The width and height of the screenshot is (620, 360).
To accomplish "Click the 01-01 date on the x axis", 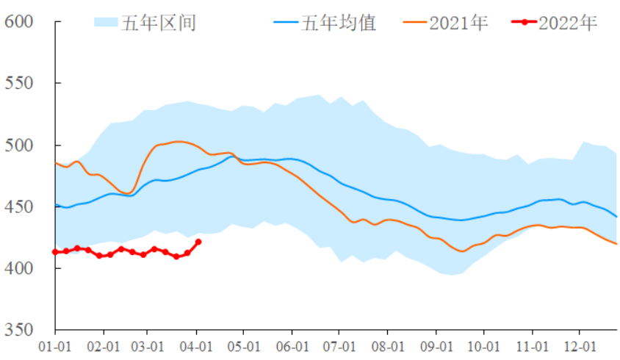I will [x=55, y=345].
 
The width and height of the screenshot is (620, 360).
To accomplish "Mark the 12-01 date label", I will [x=579, y=345].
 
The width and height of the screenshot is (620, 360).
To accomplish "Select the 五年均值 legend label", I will [x=338, y=23].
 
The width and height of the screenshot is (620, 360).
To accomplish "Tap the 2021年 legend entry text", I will [x=458, y=23].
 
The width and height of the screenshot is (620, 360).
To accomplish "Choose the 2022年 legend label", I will [x=568, y=23].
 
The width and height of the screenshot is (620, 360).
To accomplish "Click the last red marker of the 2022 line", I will [x=198, y=242].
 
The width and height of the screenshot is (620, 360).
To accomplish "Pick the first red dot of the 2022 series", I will [x=56, y=252].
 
